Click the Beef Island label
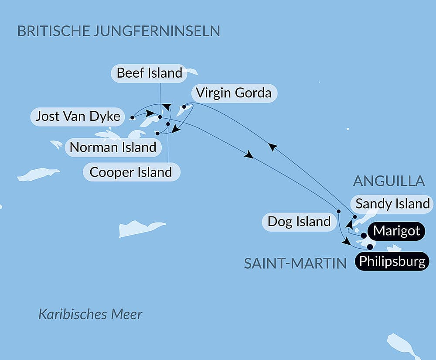tap(149, 73)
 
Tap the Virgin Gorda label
tap(233, 93)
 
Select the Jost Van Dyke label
tap(78, 117)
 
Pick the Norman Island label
tap(113, 147)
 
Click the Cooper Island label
tap(131, 172)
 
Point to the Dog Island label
tap(299, 222)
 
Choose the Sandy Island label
tap(392, 203)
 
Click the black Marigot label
tap(397, 230)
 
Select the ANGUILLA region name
tap(389, 181)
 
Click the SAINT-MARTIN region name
tap(295, 264)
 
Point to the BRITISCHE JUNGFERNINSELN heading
tap(118, 31)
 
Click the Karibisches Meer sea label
tap(90, 314)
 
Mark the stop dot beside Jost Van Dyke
tap(132, 117)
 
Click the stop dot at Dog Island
tap(338, 212)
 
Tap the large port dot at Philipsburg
tap(370, 247)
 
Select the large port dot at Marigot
tap(364, 236)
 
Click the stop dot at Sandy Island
tap(355, 217)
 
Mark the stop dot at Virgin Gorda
tap(184, 106)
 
